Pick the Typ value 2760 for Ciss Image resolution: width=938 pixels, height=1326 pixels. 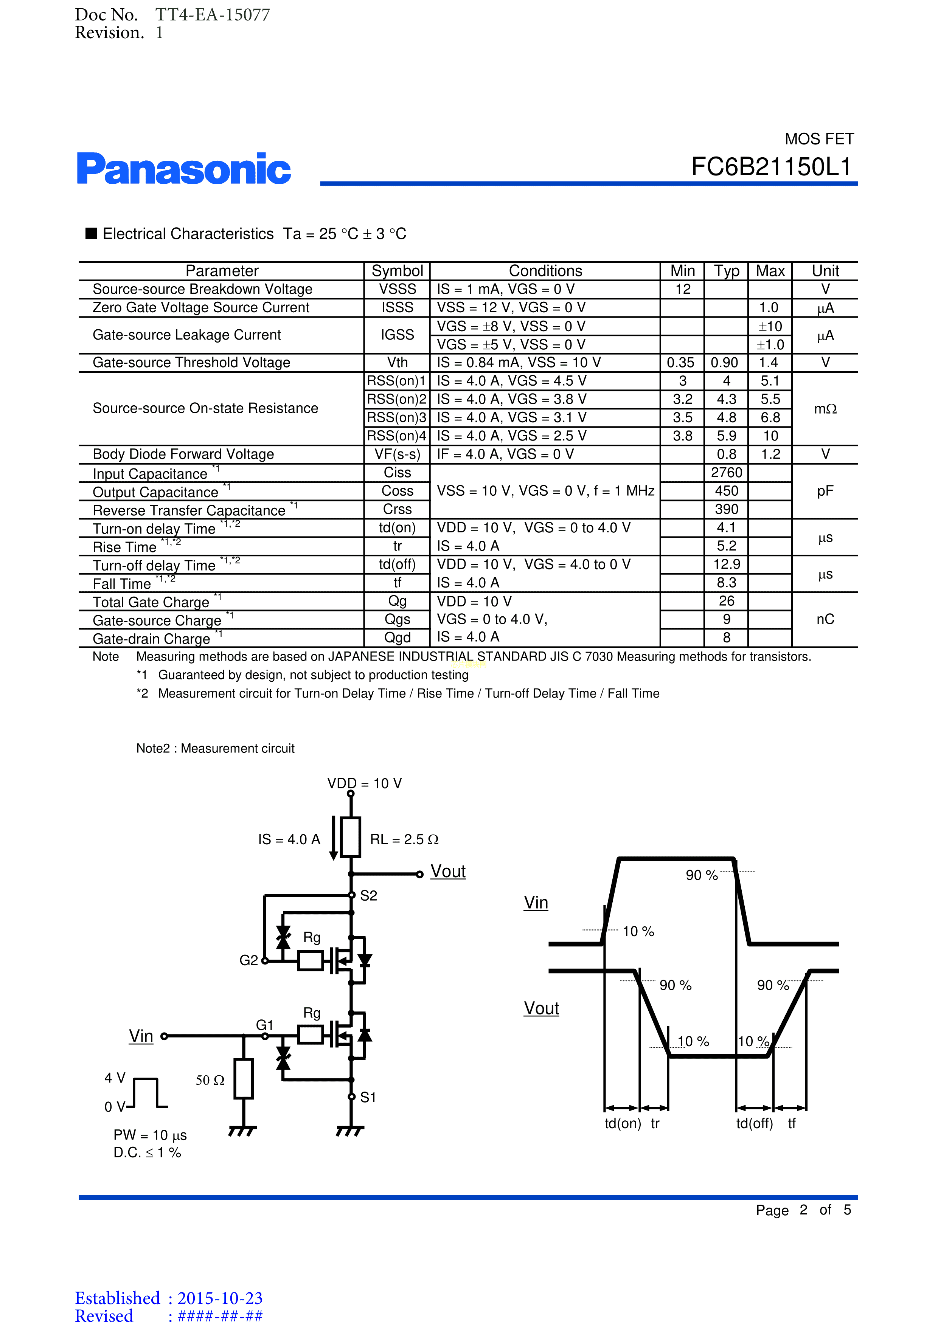pos(726,472)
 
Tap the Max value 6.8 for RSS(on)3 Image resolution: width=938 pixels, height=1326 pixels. pos(770,417)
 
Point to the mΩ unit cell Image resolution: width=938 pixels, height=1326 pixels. pos(825,409)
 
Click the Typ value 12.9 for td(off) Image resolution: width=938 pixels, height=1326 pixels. pos(726,564)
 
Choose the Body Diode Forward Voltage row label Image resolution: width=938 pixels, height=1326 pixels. pos(183,454)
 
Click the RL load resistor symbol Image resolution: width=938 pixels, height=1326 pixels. pos(351,837)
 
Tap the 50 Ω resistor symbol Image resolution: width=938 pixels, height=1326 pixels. pos(244,1079)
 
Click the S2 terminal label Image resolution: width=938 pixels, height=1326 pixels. pos(368,896)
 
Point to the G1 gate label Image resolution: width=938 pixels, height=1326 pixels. pos(264,1025)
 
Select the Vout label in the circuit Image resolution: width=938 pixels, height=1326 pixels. pos(447,872)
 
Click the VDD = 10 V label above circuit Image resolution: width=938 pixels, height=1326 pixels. pos(365,784)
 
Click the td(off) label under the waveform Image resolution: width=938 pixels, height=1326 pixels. pos(754,1123)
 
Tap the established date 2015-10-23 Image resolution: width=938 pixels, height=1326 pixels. pos(220,1298)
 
